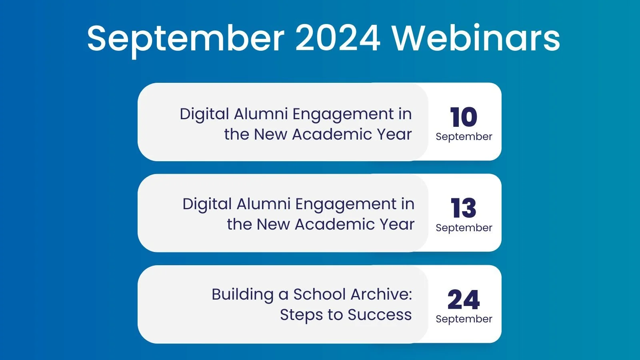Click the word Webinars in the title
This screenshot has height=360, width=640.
pos(476,38)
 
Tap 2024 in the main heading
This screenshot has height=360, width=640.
pos(338,38)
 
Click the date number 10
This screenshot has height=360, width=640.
pos(464,117)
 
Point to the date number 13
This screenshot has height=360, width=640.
pos(464,208)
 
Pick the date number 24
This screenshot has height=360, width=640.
pos(464,299)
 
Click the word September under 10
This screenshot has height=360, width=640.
pos(464,137)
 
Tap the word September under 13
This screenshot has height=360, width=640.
pos(464,228)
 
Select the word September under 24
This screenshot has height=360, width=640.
pos(464,319)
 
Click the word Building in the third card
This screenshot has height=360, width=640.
pos(242,295)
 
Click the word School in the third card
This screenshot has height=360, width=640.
pos(320,294)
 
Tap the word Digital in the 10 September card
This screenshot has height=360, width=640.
pos(204,114)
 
